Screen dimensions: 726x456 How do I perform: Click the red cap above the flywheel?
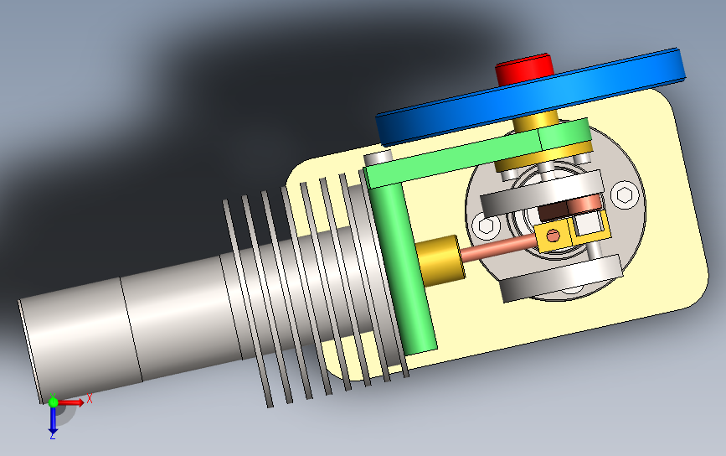[524, 69]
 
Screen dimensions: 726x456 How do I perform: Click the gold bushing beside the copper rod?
[440, 260]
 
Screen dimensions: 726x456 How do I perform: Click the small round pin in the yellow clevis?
[553, 236]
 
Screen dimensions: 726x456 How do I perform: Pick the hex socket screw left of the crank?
[487, 226]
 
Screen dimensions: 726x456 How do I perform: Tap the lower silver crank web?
[560, 278]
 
